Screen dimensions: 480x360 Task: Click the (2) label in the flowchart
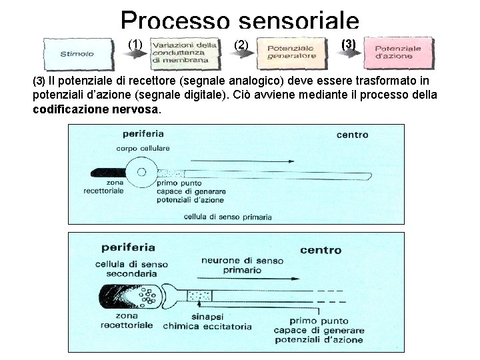tap(241, 45)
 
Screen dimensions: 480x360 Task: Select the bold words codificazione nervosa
tap(96, 109)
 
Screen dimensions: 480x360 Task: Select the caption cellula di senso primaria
tap(227, 217)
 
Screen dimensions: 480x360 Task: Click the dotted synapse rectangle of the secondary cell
tap(199, 293)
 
